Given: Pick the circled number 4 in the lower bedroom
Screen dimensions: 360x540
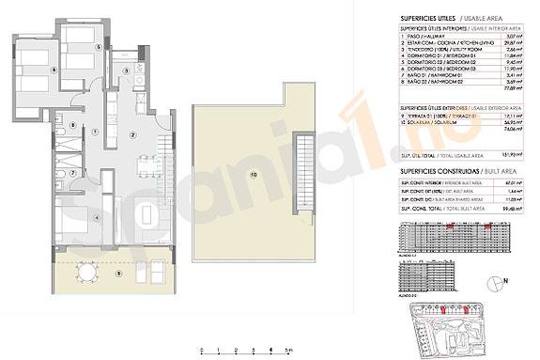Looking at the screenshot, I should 96,219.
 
